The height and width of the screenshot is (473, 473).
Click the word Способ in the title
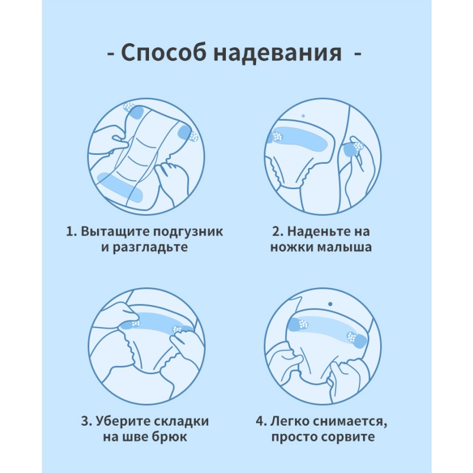[x=164, y=53]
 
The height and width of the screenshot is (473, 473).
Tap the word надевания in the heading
[x=277, y=53]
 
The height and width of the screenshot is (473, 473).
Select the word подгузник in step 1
[x=188, y=232]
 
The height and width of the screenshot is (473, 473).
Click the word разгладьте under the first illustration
[x=150, y=248]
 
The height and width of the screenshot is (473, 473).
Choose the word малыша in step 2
[x=345, y=247]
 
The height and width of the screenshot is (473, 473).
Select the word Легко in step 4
[x=289, y=422]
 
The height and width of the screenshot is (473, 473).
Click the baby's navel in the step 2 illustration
[x=303, y=116]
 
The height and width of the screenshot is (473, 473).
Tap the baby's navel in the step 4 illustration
[x=331, y=304]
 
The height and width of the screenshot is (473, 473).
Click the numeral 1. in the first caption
[x=72, y=232]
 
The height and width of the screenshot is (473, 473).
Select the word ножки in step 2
[x=292, y=247]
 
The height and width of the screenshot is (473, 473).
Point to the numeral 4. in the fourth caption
[x=261, y=422]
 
